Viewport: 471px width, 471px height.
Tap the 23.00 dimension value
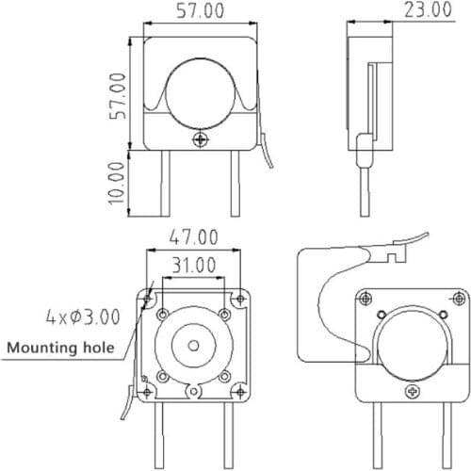click(x=427, y=10)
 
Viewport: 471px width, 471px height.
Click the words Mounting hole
click(x=61, y=348)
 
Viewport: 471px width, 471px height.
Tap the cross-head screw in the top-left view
click(x=199, y=139)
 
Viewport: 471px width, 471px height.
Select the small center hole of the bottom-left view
click(x=193, y=345)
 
